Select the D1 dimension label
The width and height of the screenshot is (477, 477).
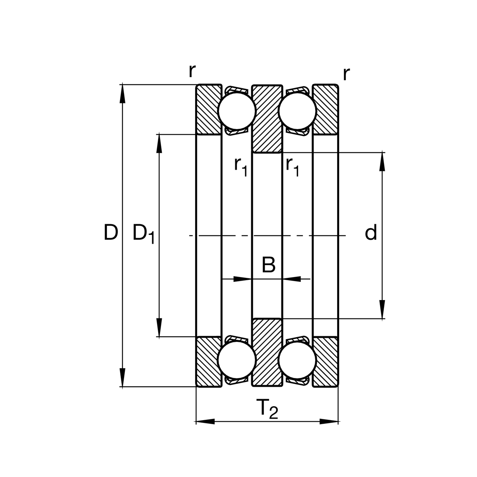[x=143, y=234]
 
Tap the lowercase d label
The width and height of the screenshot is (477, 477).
[x=370, y=233]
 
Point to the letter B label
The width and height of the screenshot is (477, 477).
[x=269, y=265]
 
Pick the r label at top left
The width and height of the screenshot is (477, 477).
[x=192, y=71]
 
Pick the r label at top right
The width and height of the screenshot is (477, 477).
[x=346, y=74]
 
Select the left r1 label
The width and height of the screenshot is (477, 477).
[x=241, y=166]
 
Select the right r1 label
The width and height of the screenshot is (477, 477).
[x=292, y=166]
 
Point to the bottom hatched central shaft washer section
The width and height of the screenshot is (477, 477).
[x=267, y=352]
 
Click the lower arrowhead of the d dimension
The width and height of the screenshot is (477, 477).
[x=382, y=310]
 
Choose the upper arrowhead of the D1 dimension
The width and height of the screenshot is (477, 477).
[x=159, y=143]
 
